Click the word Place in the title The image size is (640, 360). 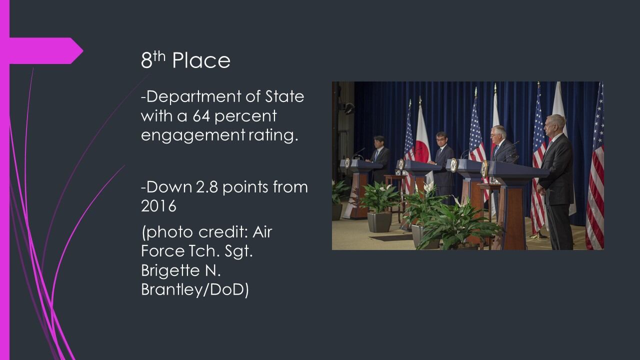[201, 60]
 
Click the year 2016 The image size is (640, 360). [158, 206]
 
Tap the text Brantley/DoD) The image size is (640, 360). [195, 289]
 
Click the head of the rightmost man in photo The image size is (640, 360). [555, 124]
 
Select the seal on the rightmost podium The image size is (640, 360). [484, 169]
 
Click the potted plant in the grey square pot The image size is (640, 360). [380, 205]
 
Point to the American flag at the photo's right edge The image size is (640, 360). [595, 165]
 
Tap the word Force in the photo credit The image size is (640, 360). [163, 251]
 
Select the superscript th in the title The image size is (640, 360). [159, 56]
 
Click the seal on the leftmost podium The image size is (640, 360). [347, 163]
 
